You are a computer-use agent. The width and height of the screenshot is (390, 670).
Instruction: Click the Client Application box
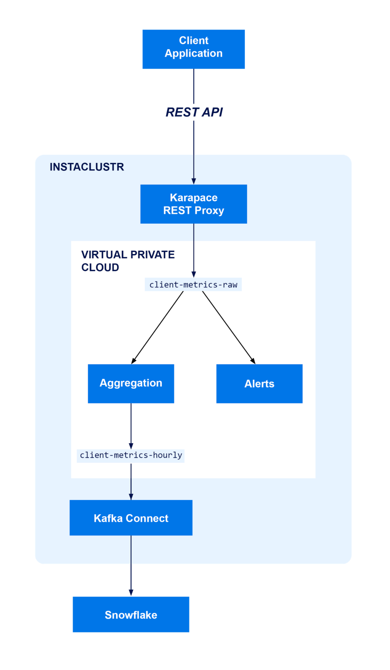(193, 49)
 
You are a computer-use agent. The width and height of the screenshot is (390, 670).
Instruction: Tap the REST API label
(194, 112)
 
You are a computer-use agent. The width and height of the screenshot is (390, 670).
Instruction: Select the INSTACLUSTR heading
(87, 167)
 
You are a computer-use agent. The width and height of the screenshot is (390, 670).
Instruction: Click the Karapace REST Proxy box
(193, 204)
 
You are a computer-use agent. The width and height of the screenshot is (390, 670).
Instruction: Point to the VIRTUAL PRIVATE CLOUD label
(128, 261)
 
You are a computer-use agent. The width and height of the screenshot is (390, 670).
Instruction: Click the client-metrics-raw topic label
(193, 285)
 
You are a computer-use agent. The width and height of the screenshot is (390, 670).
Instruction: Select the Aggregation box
(131, 384)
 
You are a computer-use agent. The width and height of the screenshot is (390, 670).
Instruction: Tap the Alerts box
(259, 384)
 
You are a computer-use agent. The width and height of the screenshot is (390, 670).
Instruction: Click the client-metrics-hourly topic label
(131, 455)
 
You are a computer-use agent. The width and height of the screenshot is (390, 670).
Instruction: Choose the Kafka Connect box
(131, 518)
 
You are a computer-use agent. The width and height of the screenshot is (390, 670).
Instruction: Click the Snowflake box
(131, 615)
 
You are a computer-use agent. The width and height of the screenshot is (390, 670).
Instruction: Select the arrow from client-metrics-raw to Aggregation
(158, 327)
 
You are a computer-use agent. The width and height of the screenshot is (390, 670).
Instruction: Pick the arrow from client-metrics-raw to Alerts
(229, 327)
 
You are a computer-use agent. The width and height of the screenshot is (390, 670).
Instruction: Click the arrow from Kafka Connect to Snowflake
(131, 565)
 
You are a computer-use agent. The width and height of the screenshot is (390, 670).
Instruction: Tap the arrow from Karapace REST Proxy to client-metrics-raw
(194, 249)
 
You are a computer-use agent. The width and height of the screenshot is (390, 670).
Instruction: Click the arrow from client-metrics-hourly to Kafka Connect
(131, 481)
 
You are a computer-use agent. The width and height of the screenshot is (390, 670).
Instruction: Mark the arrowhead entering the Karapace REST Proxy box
(194, 181)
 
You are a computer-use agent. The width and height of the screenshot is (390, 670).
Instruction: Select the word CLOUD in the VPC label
(100, 268)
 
